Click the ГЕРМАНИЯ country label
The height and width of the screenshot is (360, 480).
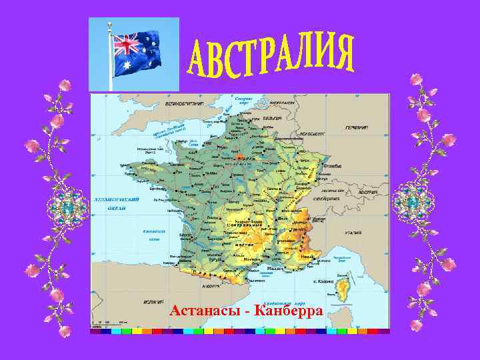(x=357, y=127)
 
